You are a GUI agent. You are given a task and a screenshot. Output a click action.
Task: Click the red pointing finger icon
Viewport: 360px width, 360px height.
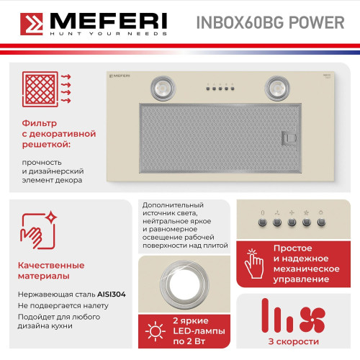coord(255,264)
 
